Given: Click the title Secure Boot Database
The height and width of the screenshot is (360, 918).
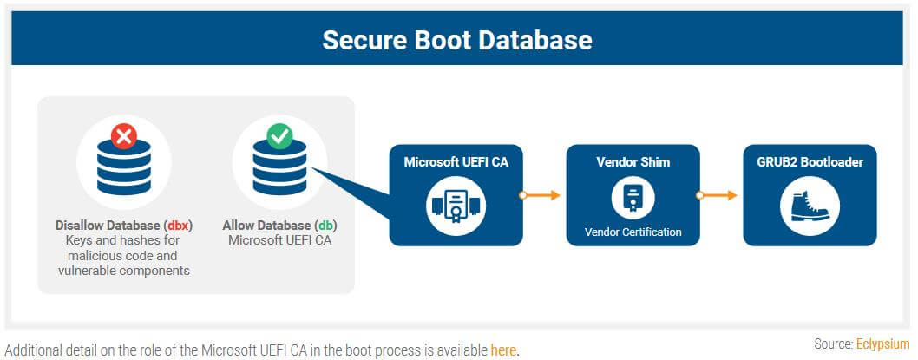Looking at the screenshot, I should (457, 40).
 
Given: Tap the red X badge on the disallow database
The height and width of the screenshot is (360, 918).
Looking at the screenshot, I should (125, 136).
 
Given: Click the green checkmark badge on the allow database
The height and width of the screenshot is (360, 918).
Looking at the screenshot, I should (280, 136).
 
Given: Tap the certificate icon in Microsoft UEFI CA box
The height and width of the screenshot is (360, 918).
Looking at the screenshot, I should (456, 206).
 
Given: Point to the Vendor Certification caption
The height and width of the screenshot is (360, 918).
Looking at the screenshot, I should (633, 232).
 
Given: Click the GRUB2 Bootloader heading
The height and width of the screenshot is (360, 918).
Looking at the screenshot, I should (810, 161).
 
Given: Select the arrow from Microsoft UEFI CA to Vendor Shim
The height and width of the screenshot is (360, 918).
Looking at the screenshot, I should (541, 195).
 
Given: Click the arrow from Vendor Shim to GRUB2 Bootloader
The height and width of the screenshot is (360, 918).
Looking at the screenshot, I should (718, 195).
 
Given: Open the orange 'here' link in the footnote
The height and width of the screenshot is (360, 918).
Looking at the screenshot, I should (503, 350).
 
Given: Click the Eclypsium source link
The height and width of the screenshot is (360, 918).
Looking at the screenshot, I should (882, 344).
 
